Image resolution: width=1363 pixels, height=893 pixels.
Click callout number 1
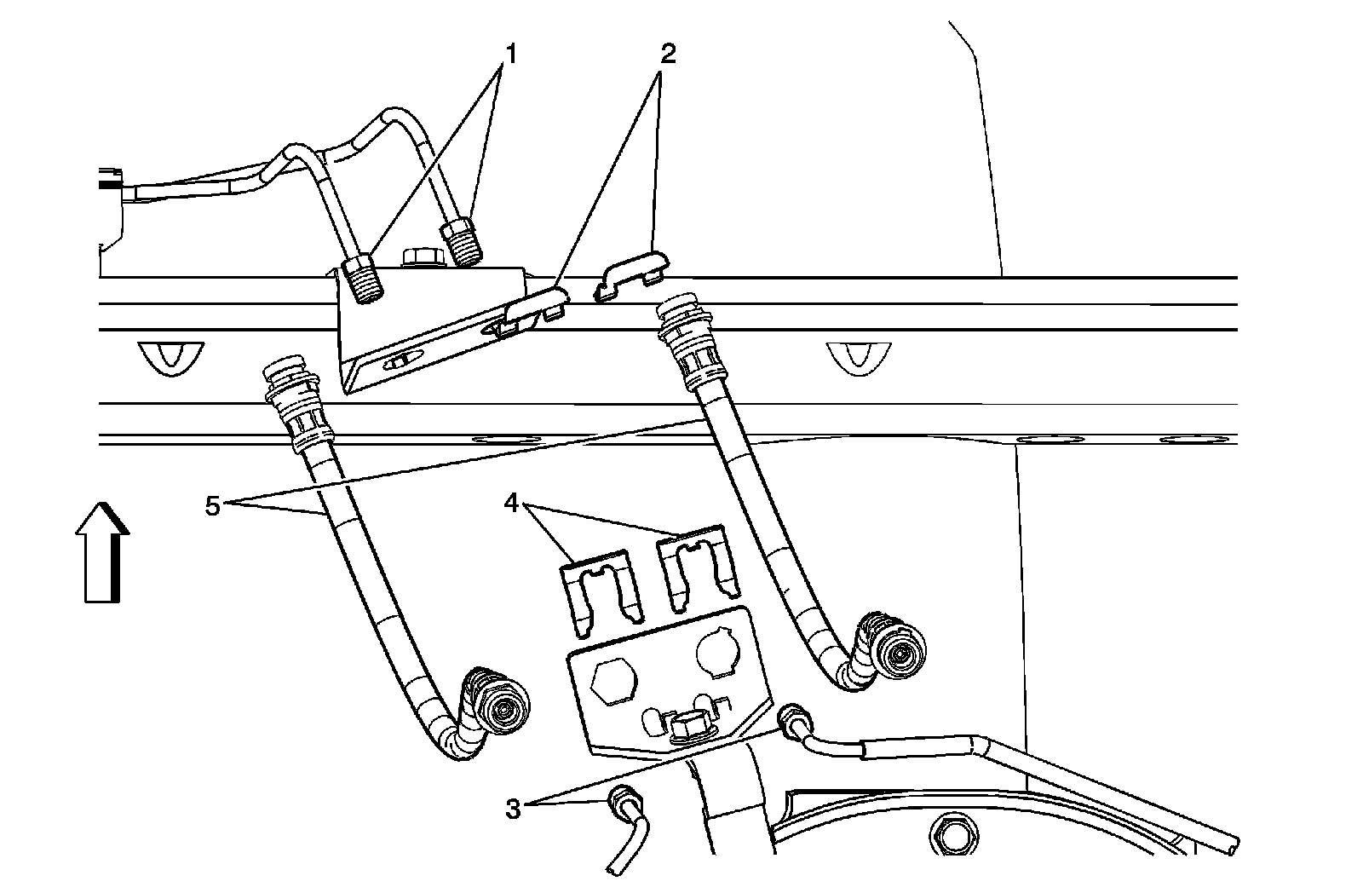click(509, 54)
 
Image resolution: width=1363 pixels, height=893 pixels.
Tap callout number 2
click(667, 54)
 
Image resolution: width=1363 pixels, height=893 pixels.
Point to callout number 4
click(511, 503)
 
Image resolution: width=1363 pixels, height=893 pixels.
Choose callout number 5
click(213, 505)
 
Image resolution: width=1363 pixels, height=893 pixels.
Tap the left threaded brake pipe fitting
click(364, 278)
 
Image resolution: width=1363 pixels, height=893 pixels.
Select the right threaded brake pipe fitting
click(461, 242)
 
